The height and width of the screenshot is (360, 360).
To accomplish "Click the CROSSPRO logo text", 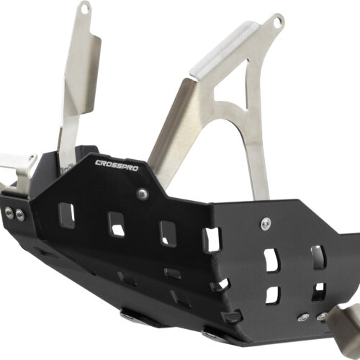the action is pyautogui.click(x=117, y=166).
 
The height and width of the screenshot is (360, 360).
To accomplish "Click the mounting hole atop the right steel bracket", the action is pyautogui.click(x=277, y=22).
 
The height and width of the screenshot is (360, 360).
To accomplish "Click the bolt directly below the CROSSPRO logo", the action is pyautogui.click(x=143, y=194).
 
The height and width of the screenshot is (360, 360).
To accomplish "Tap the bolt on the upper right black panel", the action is pyautogui.click(x=266, y=223).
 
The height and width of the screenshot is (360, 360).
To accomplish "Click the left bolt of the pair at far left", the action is pyautogui.click(x=9, y=212).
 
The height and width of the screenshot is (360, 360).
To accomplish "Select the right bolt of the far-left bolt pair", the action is pyautogui.click(x=19, y=214).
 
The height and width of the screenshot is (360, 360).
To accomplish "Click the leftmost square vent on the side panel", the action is pyautogui.click(x=67, y=215).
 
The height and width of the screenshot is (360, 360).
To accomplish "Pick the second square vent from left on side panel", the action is pyautogui.click(x=117, y=224).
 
